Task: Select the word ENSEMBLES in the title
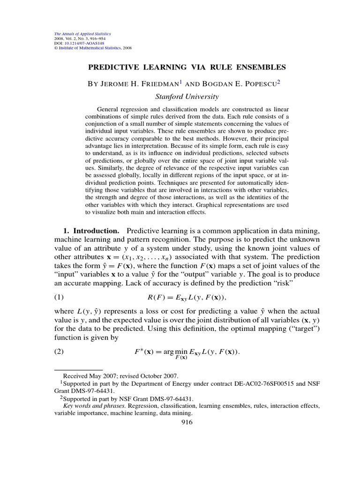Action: (262, 67)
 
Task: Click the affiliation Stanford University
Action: (187, 97)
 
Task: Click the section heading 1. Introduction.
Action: (91, 231)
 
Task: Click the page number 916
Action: (187, 422)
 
